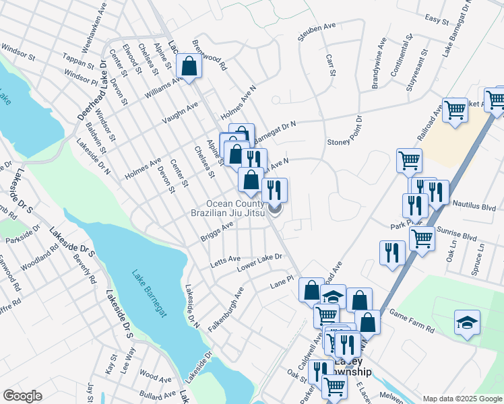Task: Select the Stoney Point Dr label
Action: pyautogui.click(x=344, y=131)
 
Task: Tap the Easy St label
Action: pyautogui.click(x=437, y=20)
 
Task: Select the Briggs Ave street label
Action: pyautogui.click(x=216, y=232)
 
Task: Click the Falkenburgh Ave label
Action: pyautogui.click(x=225, y=308)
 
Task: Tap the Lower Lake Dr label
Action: pyautogui.click(x=259, y=263)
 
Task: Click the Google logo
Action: pyautogui.click(x=23, y=396)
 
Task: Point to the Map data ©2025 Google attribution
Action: pyautogui.click(x=462, y=399)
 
